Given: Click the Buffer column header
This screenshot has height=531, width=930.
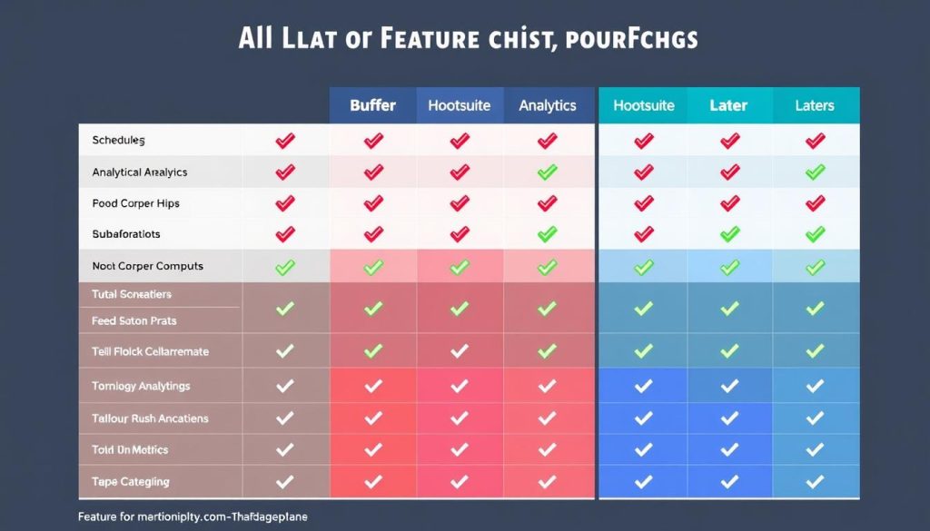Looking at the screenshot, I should [x=372, y=105].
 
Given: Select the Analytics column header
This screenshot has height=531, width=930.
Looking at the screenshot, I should [x=548, y=105].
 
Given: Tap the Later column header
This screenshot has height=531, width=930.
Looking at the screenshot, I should [x=728, y=105].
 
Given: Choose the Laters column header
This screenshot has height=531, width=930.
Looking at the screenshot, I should [x=814, y=105].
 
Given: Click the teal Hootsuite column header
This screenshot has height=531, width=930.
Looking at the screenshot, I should [x=644, y=105].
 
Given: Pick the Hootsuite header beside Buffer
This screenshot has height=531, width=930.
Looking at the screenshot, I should [x=460, y=105].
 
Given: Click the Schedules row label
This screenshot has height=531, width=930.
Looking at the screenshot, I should [x=118, y=141].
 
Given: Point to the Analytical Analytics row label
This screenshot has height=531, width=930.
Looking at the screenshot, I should [x=140, y=172].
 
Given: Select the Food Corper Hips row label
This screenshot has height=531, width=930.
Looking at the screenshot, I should [x=135, y=203].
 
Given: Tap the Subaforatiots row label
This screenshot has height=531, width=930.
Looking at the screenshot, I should [x=126, y=234].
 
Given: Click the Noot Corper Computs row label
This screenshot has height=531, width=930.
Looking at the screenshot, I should [x=147, y=266].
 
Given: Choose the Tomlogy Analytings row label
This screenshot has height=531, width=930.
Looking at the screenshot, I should [x=141, y=386].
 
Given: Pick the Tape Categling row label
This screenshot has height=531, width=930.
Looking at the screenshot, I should [x=130, y=481].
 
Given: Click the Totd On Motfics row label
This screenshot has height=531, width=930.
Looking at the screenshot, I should [x=130, y=449].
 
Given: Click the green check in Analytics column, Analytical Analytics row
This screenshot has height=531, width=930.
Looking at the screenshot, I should [x=547, y=172].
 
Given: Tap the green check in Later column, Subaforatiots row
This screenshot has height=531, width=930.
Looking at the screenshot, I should [x=729, y=234].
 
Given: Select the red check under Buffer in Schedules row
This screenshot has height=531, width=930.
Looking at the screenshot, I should [x=372, y=141].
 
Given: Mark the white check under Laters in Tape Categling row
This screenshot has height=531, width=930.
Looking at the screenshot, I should [x=815, y=481].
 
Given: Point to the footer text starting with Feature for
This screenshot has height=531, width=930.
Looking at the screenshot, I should [x=193, y=516].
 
